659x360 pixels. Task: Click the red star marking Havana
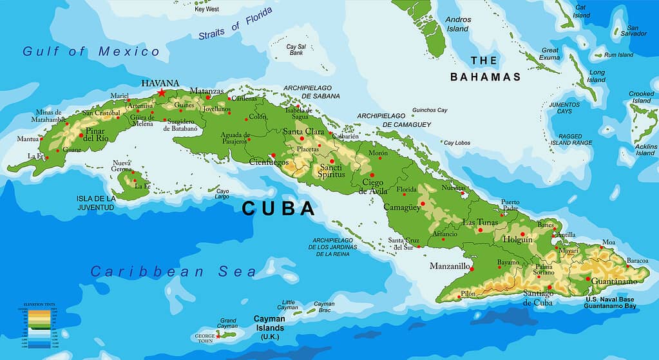[x=160, y=93]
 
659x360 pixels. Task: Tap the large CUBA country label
[x=278, y=209]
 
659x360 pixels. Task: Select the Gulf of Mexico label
[x=91, y=52]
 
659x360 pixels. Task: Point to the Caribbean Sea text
[x=173, y=271]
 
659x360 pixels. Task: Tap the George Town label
[x=204, y=339]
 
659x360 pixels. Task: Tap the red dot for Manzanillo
[x=472, y=269]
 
